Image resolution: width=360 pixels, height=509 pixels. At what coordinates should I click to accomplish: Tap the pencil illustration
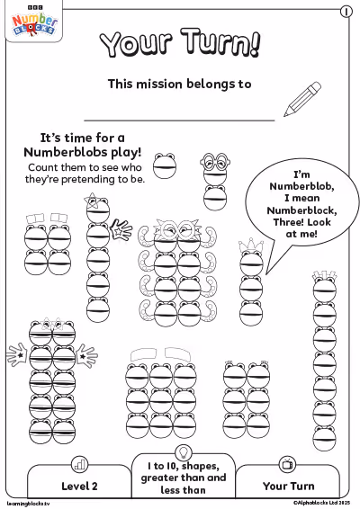pyautogui.click(x=302, y=99)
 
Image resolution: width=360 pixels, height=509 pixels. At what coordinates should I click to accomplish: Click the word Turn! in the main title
pyautogui.click(x=220, y=43)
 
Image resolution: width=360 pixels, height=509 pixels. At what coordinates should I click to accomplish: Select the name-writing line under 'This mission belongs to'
pyautogui.click(x=179, y=121)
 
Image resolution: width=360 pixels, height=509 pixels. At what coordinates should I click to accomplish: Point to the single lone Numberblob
pyautogui.click(x=165, y=165)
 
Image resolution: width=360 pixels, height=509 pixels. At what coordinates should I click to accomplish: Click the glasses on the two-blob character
pyautogui.click(x=215, y=161)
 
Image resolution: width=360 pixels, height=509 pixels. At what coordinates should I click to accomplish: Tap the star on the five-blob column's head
pyautogui.click(x=91, y=201)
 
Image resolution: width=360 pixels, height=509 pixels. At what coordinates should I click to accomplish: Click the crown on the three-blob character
pyautogui.click(x=250, y=246)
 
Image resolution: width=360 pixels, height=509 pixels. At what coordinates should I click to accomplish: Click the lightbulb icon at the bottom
pyautogui.click(x=184, y=451)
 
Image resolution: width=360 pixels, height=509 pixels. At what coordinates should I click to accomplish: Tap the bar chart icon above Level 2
pyautogui.click(x=79, y=465)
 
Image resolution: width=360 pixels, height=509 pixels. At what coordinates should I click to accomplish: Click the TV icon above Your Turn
pyautogui.click(x=287, y=464)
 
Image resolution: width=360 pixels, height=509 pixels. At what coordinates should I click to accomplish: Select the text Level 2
pyautogui.click(x=79, y=486)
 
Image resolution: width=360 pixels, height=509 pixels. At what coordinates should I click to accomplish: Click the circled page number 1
pyautogui.click(x=346, y=12)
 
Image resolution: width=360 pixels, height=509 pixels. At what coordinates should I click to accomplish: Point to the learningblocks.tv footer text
pyautogui.click(x=28, y=504)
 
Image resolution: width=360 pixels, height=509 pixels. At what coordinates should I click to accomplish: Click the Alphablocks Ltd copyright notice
pyautogui.click(x=321, y=503)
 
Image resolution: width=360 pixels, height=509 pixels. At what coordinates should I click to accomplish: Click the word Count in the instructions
pyautogui.click(x=43, y=167)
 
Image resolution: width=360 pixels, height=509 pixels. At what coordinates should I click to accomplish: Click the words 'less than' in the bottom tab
pyautogui.click(x=184, y=489)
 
